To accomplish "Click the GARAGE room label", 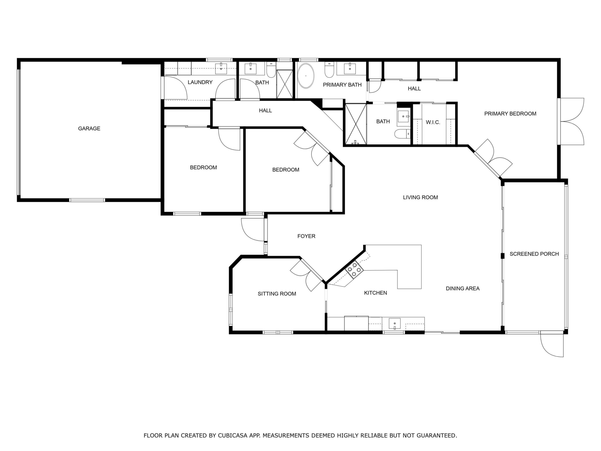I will click(89, 129).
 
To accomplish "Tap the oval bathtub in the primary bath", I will click(306, 76).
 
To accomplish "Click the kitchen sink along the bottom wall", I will click(394, 323).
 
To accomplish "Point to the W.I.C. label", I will click(433, 122).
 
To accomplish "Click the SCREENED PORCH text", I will click(534, 254).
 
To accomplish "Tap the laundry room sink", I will click(221, 69).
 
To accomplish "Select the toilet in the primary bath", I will click(329, 70).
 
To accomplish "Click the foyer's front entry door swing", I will click(252, 230).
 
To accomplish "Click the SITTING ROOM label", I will click(277, 294).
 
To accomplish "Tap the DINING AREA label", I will click(462, 288).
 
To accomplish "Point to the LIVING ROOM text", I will click(420, 197).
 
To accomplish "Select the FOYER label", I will click(306, 236).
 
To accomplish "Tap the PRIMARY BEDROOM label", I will click(510, 114).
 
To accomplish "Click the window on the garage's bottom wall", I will click(87, 200).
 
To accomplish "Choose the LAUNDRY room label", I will click(200, 82).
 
